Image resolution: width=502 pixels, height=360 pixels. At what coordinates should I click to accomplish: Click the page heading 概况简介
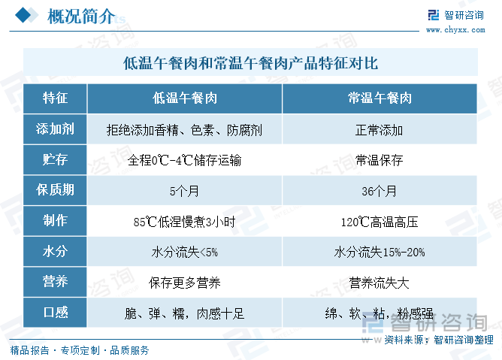81,16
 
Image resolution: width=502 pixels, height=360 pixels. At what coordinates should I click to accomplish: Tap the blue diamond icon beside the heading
23,15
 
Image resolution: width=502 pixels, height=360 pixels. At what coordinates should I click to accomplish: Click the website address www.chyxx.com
455,30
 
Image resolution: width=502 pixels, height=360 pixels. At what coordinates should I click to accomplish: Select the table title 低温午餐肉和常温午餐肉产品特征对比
251,63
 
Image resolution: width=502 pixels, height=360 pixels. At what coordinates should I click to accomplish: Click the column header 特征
55,98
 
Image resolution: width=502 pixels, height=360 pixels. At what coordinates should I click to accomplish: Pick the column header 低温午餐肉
185,98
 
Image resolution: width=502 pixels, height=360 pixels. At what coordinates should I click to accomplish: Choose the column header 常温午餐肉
380,98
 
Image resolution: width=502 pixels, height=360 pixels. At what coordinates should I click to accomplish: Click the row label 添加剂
55,129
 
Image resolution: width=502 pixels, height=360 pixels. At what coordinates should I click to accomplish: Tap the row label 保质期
55,189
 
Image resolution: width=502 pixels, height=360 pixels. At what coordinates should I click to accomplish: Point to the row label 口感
56,312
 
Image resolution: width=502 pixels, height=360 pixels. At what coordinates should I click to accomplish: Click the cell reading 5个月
184,191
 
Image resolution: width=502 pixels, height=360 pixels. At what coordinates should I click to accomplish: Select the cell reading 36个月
379,191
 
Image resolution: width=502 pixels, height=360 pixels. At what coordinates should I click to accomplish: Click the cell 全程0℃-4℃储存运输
184,160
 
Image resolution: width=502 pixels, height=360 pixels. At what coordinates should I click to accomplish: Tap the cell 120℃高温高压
380,222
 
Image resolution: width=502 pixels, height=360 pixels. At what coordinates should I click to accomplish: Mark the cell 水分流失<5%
185,253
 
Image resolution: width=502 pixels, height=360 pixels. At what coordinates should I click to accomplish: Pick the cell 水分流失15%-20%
380,253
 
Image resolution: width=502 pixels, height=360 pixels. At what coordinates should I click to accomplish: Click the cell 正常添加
379,130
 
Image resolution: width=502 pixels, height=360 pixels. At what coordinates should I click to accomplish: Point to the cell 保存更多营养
185,283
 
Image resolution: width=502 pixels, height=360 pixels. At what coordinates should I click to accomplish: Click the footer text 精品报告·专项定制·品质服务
80,350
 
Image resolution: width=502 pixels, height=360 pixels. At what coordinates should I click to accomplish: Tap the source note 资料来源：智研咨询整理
439,340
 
